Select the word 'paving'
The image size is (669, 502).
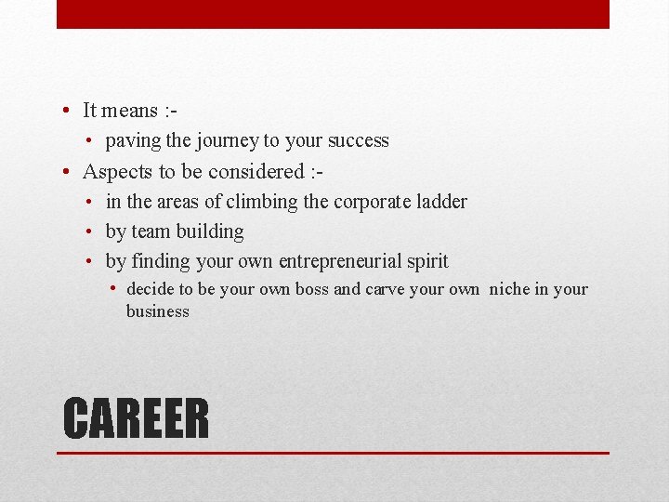(130, 141)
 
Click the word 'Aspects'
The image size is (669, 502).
(114, 172)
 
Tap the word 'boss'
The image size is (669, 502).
(311, 289)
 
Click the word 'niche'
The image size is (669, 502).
(509, 289)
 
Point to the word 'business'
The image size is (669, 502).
(158, 311)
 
